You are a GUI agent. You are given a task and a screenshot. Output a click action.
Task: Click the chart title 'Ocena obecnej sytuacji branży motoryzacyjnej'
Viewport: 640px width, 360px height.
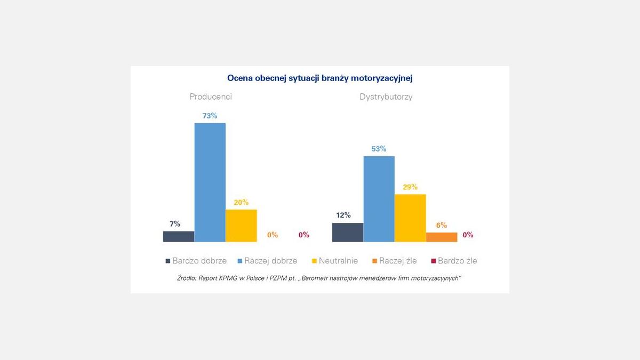[320, 78]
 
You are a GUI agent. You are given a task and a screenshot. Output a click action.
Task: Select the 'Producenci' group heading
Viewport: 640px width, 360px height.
[211, 97]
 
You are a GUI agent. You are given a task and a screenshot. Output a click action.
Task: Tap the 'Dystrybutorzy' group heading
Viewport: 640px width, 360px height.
[386, 97]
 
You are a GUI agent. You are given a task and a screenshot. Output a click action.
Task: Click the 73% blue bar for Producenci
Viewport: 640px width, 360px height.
[210, 182]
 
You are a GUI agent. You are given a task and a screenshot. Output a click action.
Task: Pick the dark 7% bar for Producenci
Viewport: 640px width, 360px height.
[179, 236]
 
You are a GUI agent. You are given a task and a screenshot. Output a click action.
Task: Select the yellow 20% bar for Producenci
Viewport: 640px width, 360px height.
[241, 226]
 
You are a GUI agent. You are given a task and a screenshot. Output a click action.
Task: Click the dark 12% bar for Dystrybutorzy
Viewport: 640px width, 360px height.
[347, 233]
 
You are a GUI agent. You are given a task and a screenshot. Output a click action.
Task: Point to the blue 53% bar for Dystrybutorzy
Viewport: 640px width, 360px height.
[379, 199]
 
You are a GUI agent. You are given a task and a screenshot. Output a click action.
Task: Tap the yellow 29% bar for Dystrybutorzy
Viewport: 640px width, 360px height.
[410, 218]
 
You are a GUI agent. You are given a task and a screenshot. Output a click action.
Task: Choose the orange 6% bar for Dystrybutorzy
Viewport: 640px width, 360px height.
[442, 237]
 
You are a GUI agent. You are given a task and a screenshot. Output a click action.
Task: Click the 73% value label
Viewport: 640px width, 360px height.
[210, 116]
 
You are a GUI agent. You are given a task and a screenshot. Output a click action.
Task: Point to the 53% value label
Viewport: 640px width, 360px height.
[379, 149]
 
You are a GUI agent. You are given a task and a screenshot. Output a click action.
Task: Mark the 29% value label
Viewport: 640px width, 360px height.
[410, 187]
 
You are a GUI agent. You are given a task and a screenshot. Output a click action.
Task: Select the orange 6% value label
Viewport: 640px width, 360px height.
[442, 225]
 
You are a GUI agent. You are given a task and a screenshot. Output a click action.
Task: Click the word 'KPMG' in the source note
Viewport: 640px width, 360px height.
[239, 278]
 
